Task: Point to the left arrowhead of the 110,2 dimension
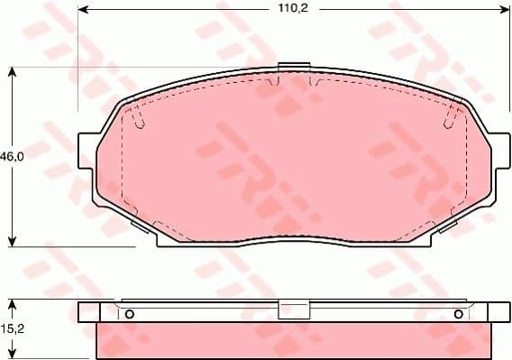[x=84, y=12]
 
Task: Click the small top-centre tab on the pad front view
[x=294, y=69]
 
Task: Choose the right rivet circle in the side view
[x=459, y=314]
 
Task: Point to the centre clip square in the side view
[x=293, y=310]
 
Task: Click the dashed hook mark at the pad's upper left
[x=133, y=115]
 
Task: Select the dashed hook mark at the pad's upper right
[x=453, y=115]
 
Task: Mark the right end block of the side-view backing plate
[x=498, y=312]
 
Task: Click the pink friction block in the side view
[x=293, y=341]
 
